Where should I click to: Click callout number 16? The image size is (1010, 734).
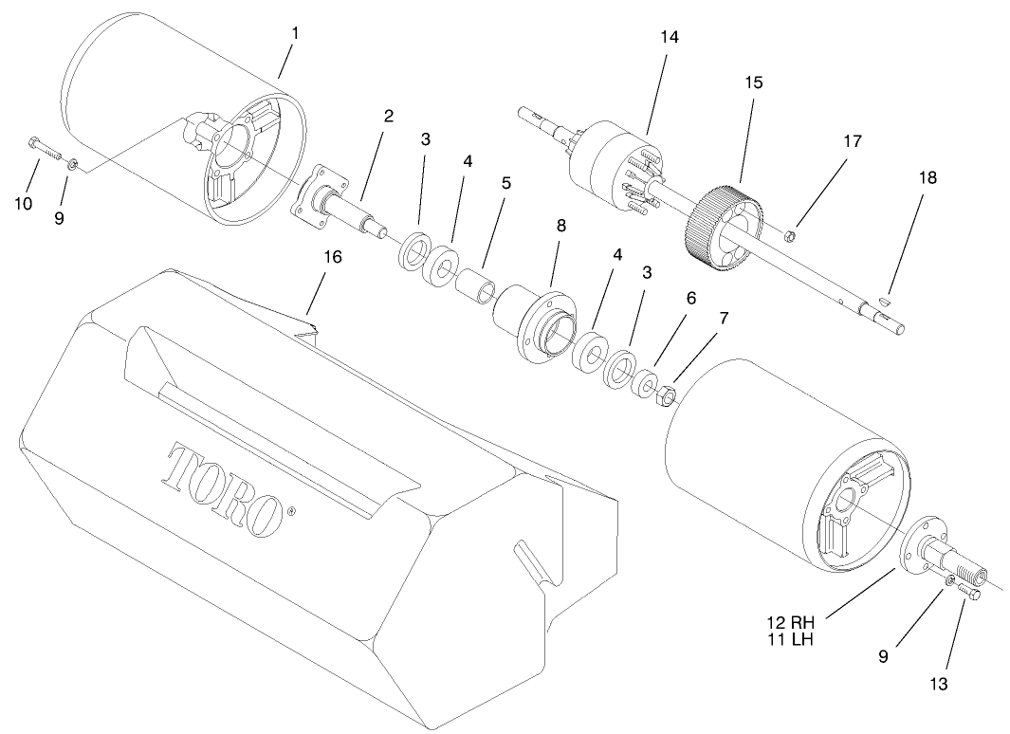point(333,257)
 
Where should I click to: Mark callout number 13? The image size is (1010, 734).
point(938,681)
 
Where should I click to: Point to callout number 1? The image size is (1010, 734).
point(294,32)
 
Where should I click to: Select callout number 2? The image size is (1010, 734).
point(388,117)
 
